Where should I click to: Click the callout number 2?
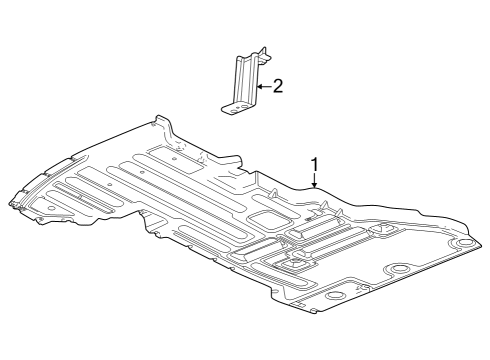pos(278,87)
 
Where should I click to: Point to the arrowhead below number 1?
pos(315,186)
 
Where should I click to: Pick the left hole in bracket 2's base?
pos(229,104)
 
